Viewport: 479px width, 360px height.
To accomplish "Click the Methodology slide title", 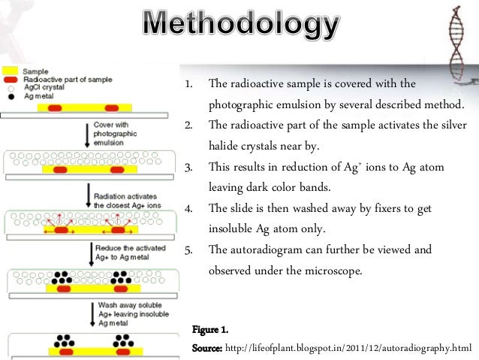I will coord(240,28).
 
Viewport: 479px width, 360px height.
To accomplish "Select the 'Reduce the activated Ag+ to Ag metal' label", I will coord(128,252).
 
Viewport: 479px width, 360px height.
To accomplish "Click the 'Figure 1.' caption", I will coord(209,331).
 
